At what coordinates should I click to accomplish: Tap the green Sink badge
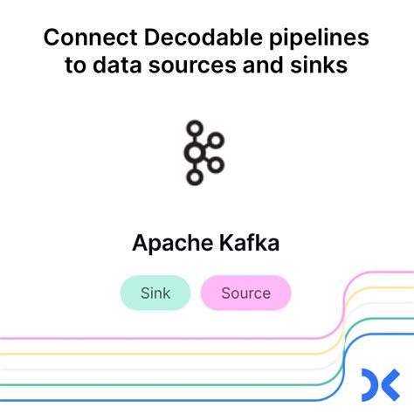[155, 293]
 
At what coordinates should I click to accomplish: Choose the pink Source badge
[245, 293]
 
